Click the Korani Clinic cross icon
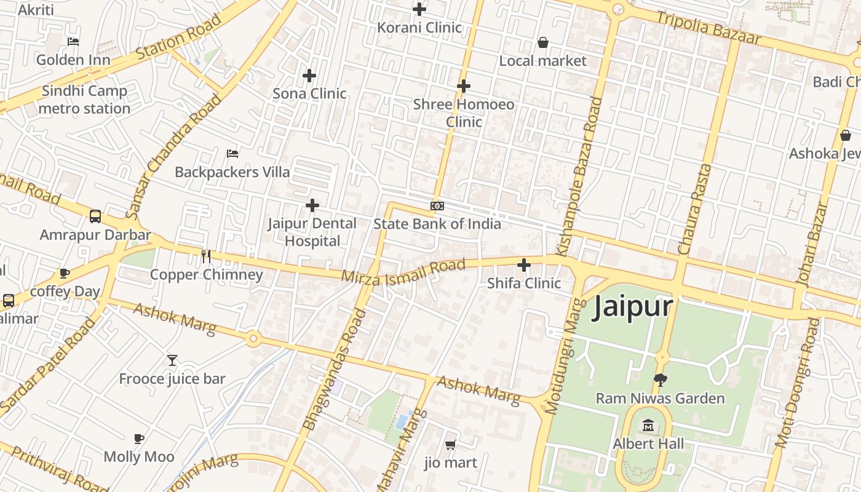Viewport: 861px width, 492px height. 419,9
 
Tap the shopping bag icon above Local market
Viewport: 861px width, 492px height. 543,42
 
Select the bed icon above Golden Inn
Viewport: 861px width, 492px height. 73,42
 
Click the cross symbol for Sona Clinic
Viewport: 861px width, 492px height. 309,76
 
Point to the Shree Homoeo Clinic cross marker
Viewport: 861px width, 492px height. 464,86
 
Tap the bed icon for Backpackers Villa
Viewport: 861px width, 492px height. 232,153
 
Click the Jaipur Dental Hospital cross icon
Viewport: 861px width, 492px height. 312,205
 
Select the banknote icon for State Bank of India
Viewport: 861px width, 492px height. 437,205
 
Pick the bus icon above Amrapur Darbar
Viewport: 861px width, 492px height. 95,216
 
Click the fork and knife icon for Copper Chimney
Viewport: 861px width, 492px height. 206,256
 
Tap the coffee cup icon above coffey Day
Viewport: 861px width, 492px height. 65,273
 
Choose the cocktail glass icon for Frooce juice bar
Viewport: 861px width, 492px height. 172,360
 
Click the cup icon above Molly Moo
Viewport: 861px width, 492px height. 139,438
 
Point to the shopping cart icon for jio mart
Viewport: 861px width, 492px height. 451,444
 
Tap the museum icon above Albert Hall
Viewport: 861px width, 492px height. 648,426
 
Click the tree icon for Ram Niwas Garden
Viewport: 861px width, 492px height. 661,379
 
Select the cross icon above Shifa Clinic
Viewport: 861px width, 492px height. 524,265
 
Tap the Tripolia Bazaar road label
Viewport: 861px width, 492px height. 708,28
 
